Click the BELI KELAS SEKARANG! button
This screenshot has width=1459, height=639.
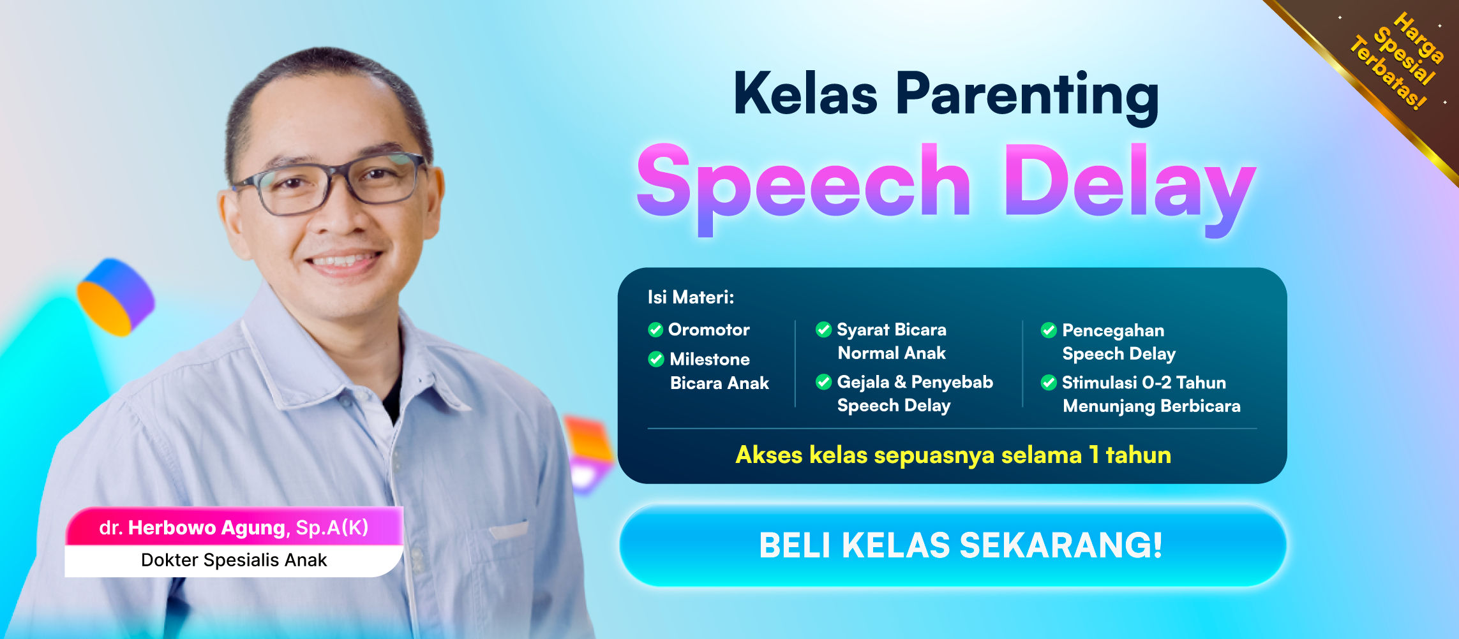click(x=952, y=546)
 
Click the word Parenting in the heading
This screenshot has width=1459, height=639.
click(x=1027, y=95)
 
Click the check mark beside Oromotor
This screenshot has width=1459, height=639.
click(x=655, y=330)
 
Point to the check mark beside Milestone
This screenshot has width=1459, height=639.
click(x=656, y=359)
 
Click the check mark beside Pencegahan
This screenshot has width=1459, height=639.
click(x=1049, y=330)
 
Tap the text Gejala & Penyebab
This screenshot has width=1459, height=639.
click(x=915, y=382)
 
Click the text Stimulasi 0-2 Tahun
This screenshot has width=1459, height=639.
click(x=1144, y=383)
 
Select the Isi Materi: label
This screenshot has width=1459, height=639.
click(x=691, y=297)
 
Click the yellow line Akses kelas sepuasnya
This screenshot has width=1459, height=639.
click(x=953, y=455)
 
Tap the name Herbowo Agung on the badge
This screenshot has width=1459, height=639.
click(x=206, y=527)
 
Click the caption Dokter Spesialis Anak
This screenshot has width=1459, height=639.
click(x=234, y=560)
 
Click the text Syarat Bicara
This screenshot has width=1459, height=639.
click(x=891, y=330)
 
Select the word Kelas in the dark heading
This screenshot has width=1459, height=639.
click(x=805, y=95)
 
